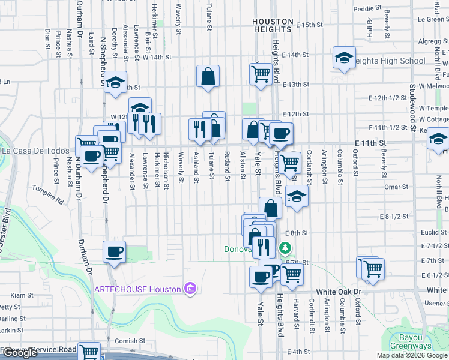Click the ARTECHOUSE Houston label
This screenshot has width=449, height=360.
tap(137, 289)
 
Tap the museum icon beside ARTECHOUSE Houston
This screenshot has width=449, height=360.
tap(190, 289)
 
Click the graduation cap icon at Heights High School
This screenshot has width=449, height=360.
tap(344, 58)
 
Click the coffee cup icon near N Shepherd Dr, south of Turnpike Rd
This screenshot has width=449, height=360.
tap(114, 251)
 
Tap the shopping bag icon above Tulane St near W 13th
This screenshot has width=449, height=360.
tap(208, 76)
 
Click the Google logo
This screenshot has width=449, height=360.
tap(20, 353)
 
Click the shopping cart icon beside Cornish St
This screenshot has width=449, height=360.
tap(89, 352)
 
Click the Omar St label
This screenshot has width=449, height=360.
tap(396, 187)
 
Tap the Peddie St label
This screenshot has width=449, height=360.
tap(367, 9)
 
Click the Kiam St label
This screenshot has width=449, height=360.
tap(22, 295)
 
